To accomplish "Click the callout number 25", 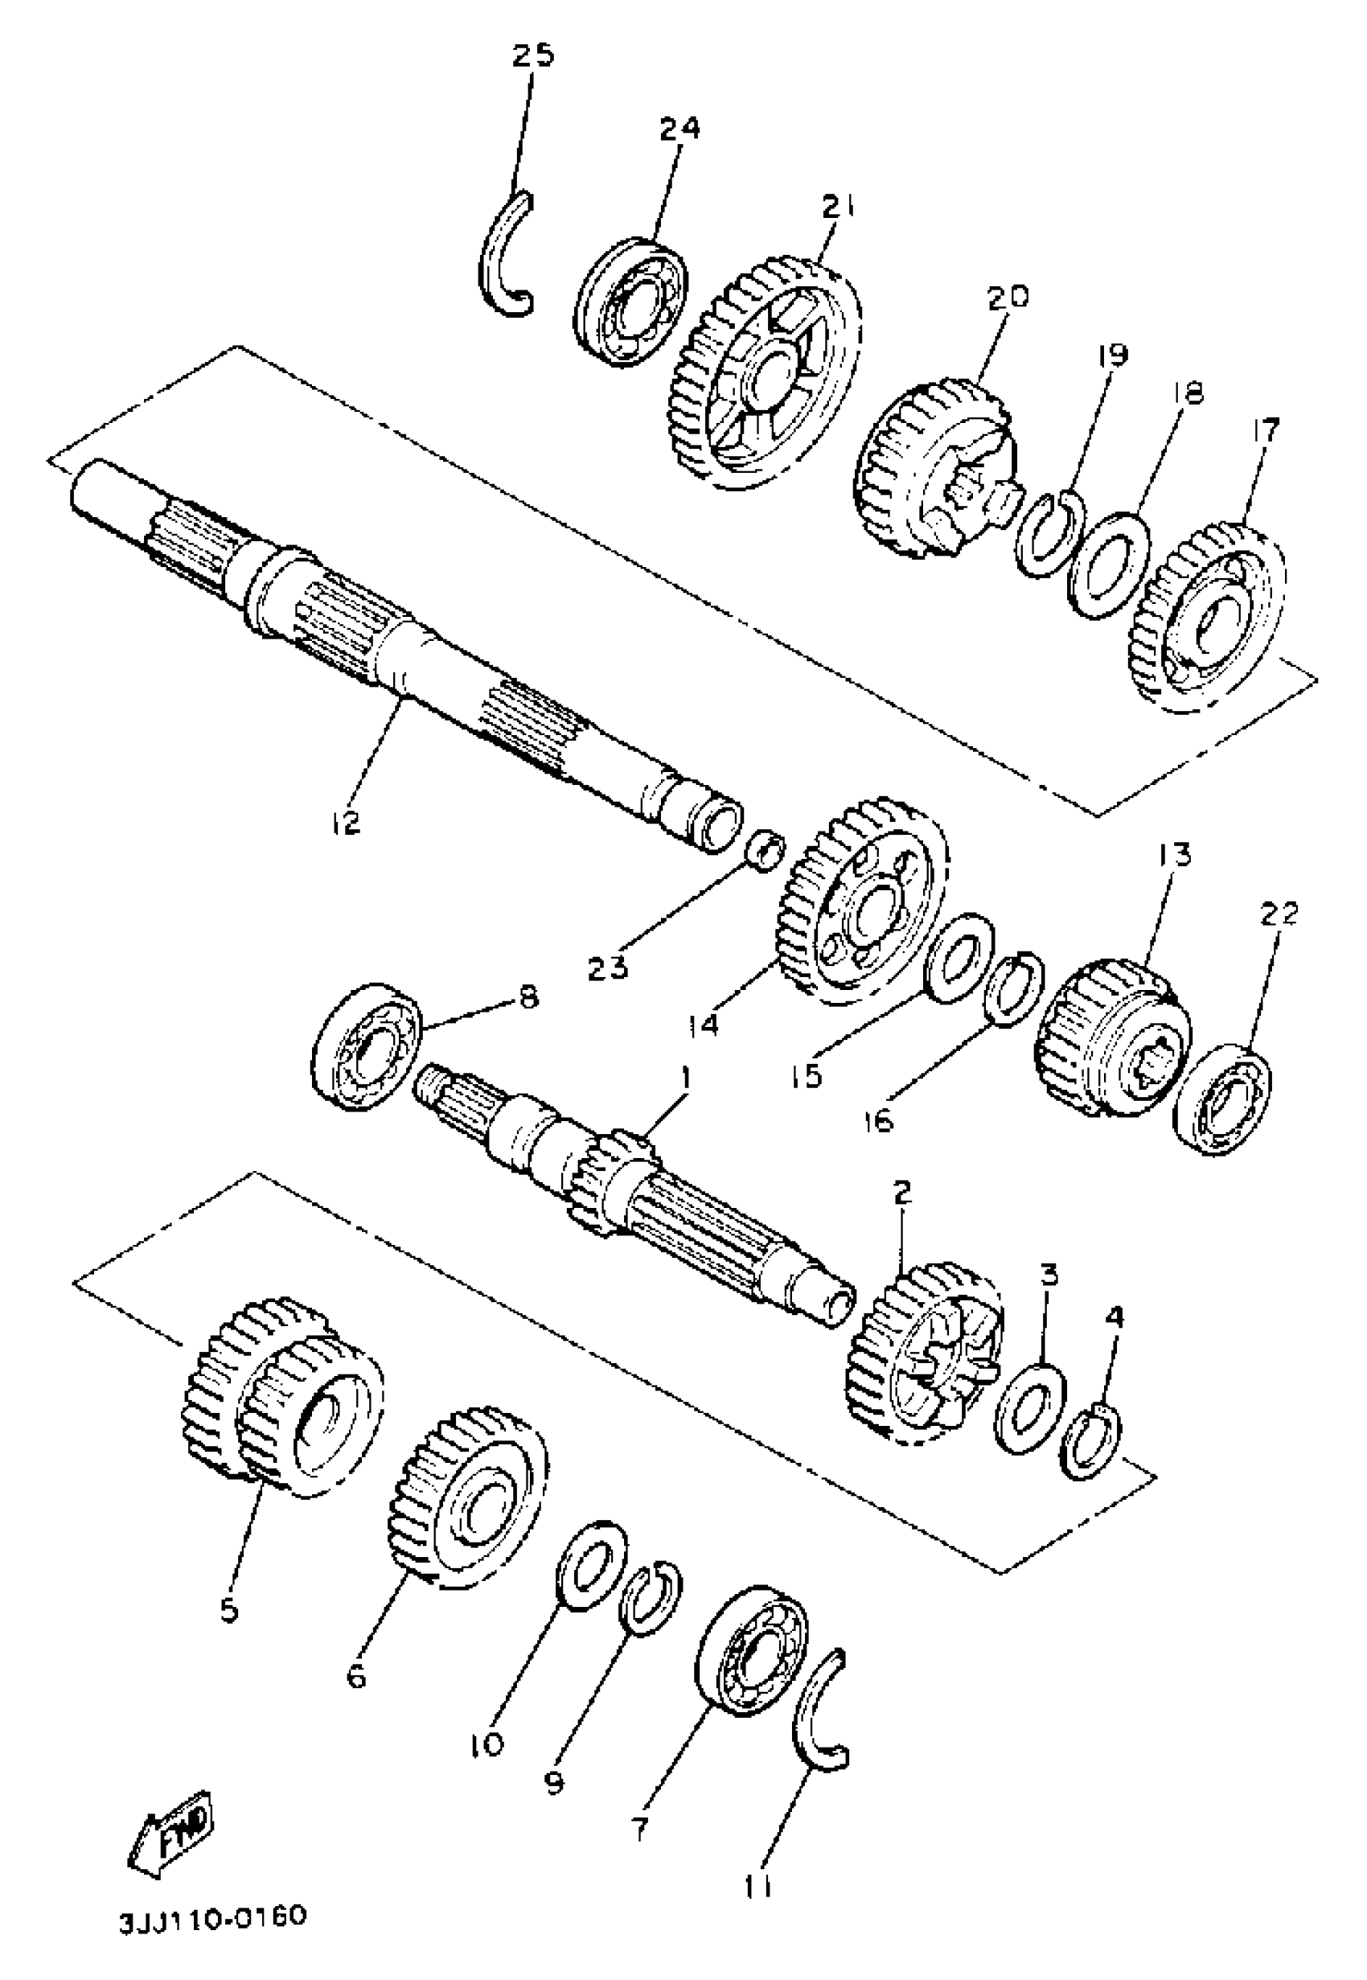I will [x=534, y=55].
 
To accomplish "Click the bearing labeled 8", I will [x=366, y=1045].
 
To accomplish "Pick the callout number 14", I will [x=704, y=1025].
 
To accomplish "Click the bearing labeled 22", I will [x=1222, y=1099].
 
